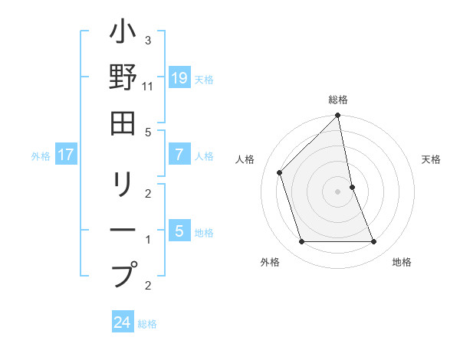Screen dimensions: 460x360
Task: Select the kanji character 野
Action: (x=123, y=79)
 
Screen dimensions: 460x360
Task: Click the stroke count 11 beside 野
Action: (x=148, y=87)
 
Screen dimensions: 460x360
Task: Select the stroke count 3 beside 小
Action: (x=148, y=40)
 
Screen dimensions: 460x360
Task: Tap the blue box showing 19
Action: (x=179, y=77)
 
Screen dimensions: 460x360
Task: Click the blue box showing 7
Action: (x=179, y=155)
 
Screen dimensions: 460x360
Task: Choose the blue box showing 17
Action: (x=66, y=155)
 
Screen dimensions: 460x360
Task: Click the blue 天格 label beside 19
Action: (x=204, y=79)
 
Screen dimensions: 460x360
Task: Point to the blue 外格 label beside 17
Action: (x=41, y=156)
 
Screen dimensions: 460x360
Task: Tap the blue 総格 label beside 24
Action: (x=147, y=324)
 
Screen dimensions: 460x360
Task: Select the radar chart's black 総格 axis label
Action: (x=338, y=100)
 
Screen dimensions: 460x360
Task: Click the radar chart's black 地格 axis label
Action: (x=402, y=262)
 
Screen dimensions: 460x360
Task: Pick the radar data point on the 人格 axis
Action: (x=280, y=172)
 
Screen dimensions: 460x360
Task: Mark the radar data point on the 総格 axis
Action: (x=338, y=116)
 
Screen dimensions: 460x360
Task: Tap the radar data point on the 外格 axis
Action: (x=302, y=242)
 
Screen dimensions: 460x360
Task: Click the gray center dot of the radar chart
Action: (x=338, y=191)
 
